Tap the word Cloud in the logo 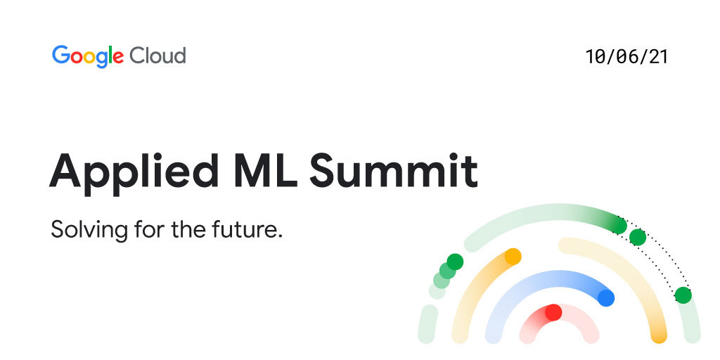pos(157,55)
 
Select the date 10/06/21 pos(626,57)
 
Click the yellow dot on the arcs pos(513,257)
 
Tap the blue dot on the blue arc pos(606,297)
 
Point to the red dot pos(553,312)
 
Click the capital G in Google pos(60,55)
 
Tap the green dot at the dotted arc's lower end pos(683,295)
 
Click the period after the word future pos(279,236)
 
